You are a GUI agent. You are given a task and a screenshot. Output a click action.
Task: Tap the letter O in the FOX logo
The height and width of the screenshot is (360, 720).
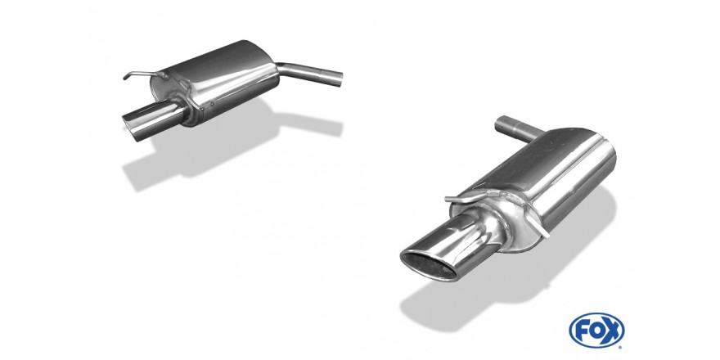[x=596, y=330]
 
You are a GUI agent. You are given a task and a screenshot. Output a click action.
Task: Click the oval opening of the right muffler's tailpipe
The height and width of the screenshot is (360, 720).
[x=429, y=265]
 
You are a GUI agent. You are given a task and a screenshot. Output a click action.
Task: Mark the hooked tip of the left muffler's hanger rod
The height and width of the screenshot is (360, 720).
[x=125, y=78]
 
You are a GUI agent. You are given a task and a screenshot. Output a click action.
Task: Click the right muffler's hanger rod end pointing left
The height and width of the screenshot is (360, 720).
[x=448, y=199]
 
